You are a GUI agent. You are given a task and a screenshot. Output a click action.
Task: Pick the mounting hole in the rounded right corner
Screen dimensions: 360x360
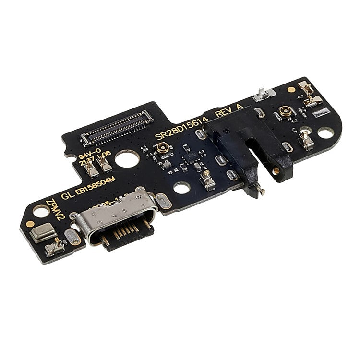pyautogui.click(x=325, y=132)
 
